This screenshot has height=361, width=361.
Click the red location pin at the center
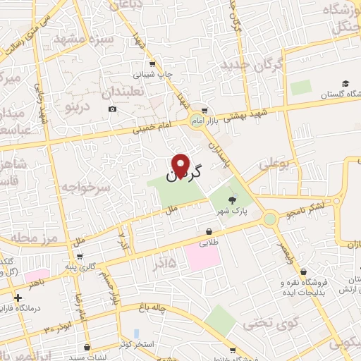(x=180, y=166)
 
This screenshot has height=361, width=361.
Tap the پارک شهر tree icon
(x=233, y=201)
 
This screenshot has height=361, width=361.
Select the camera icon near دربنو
(x=113, y=109)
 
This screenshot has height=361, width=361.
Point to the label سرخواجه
(x=96, y=187)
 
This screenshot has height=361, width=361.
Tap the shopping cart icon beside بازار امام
(x=204, y=111)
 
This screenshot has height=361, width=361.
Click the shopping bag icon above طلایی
(x=209, y=231)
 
